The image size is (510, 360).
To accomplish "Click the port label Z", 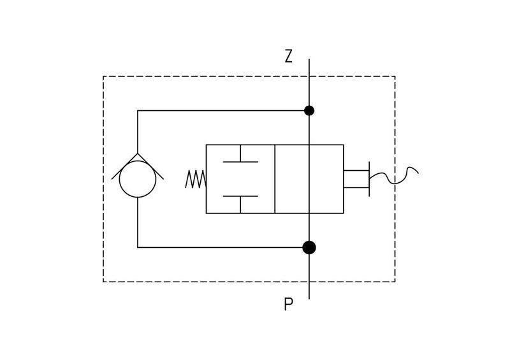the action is [289, 56].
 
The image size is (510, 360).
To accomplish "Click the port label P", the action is [289, 304].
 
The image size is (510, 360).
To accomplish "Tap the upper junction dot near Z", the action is [309, 111].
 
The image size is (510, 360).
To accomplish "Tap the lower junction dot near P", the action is [309, 247].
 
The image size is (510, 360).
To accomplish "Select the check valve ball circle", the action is [138, 179].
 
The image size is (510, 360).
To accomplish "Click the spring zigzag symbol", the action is [196, 179].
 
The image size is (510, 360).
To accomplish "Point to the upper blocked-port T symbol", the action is [240, 154].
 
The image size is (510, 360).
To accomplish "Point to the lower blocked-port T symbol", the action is [240, 205].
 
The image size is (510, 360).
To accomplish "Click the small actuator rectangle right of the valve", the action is [356, 179].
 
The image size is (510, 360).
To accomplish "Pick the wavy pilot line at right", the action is [394, 176].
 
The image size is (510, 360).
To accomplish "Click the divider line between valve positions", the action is [275, 179].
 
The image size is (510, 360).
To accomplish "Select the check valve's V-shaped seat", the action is [138, 166].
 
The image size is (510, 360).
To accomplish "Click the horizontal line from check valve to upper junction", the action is [223, 111].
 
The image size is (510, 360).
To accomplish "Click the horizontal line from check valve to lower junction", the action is [223, 247].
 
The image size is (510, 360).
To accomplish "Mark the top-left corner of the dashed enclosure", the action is [103, 76].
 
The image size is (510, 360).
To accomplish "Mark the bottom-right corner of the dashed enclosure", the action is [395, 282].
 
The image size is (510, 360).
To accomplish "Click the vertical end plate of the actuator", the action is [369, 179].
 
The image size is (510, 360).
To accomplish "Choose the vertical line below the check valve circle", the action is [138, 222].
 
